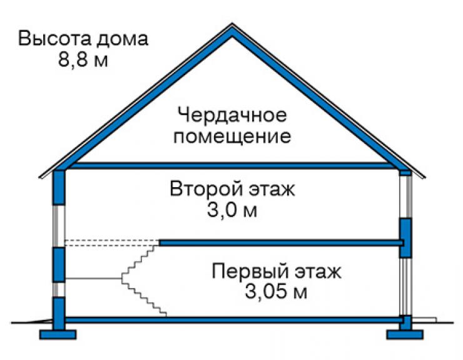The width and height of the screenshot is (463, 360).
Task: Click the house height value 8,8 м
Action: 83,60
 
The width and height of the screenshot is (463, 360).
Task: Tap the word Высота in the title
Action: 54,38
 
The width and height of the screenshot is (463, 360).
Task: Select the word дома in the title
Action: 122,39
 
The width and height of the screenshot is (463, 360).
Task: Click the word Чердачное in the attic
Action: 232,115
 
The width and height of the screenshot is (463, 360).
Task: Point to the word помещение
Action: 232,136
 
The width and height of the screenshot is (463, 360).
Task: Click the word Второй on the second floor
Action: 206,188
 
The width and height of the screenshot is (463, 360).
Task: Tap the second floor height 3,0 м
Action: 232,210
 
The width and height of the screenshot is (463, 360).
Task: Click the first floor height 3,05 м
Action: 277,292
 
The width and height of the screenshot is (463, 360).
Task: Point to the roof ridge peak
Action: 232,24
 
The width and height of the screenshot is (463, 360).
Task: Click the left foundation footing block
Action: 58,334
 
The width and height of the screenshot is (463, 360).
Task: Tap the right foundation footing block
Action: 405,334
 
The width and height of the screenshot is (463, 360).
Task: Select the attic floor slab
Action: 232,165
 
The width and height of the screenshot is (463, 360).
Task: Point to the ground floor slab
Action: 234,319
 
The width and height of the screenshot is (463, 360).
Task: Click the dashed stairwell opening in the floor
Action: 112,243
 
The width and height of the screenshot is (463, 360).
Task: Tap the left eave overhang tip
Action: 40,178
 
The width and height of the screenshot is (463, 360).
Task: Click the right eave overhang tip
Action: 425,178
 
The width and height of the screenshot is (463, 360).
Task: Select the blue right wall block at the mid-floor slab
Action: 405,238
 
